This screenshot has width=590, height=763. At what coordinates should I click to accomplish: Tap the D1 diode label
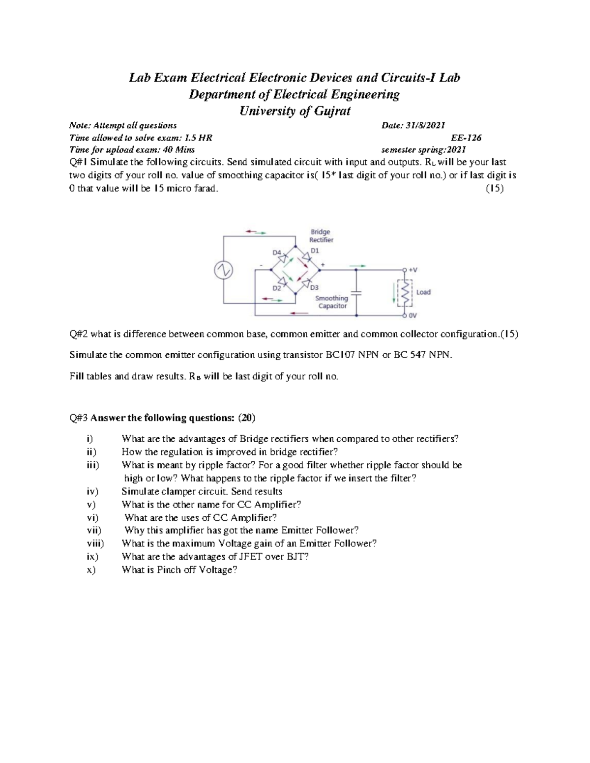coord(315,251)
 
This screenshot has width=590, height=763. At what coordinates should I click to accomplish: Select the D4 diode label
coord(277,253)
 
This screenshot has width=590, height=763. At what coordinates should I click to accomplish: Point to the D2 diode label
coord(277,288)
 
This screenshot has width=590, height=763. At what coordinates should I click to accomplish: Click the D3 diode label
coord(315,287)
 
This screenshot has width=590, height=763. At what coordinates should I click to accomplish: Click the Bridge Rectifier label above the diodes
coord(321,236)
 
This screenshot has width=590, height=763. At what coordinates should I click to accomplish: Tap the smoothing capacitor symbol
coord(357,293)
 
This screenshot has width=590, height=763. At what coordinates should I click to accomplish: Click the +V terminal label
coord(413,270)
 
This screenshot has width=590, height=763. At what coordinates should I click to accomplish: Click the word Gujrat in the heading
coord(330,111)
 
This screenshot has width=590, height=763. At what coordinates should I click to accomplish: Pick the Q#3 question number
coord(78,419)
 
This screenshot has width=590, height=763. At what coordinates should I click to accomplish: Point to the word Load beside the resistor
coord(423,292)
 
